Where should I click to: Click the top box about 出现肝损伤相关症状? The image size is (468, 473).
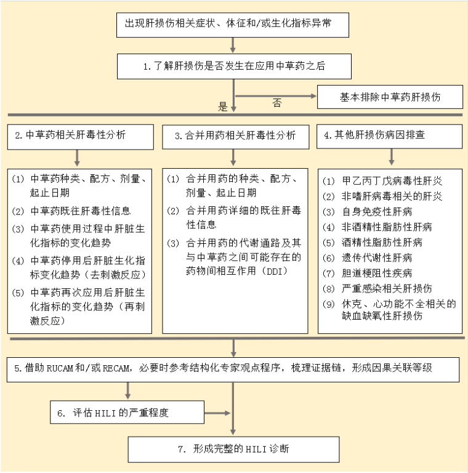tap(233, 23)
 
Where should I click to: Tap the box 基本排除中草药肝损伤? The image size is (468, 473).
tap(390, 97)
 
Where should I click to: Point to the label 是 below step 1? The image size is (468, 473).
tap(223, 106)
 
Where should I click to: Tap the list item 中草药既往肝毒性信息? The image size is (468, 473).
tap(80, 211)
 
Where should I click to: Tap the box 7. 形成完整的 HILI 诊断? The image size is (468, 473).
tap(233, 449)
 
